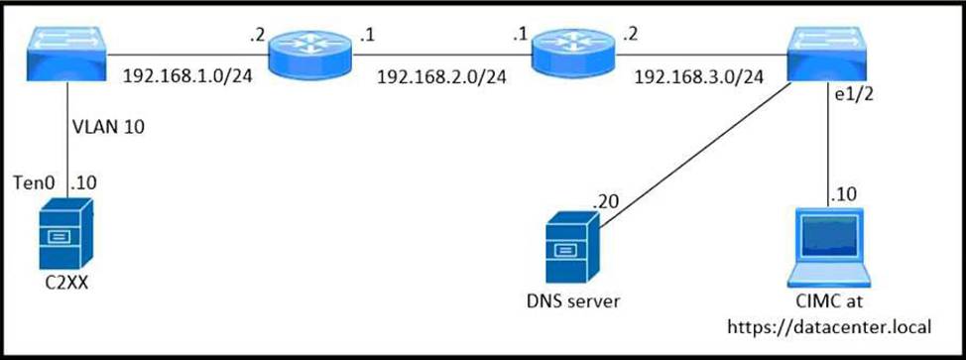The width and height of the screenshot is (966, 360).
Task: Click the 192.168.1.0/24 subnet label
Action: [188, 75]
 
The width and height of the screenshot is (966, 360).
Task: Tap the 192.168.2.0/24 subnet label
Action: [441, 76]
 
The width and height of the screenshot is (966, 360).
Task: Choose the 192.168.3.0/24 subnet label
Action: [699, 76]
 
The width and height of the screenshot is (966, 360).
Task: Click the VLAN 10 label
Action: [108, 128]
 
